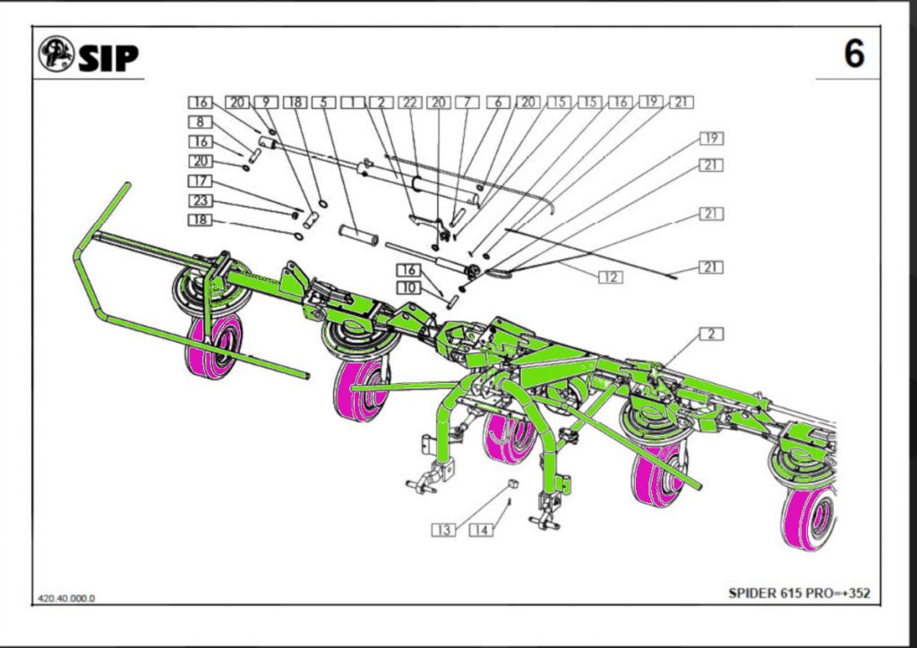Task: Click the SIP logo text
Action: (x=107, y=58)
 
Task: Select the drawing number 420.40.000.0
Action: (x=66, y=598)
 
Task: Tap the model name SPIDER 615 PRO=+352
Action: (x=799, y=593)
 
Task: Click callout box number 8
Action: (x=199, y=122)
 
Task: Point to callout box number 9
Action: (x=266, y=102)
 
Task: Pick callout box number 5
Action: (x=324, y=102)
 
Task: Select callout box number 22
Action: (x=411, y=102)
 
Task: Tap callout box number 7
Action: (x=466, y=102)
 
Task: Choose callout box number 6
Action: (x=498, y=102)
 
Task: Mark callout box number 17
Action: (x=199, y=182)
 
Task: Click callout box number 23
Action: (x=199, y=200)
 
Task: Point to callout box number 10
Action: (x=408, y=287)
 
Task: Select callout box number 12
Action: (x=611, y=277)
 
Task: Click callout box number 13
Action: (x=443, y=530)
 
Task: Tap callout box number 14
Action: (x=481, y=530)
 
